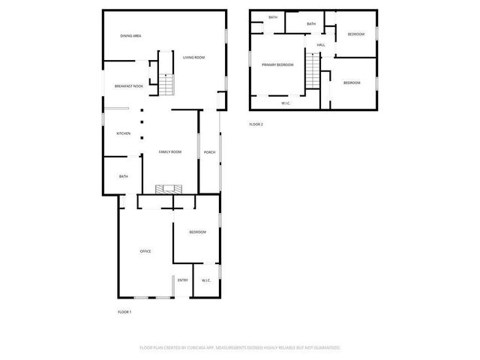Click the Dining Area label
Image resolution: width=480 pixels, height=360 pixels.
[x=131, y=36]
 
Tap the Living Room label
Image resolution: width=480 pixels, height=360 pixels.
[x=193, y=58]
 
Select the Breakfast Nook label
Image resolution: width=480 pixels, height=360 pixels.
[x=129, y=86]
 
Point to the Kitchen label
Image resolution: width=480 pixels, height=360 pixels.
[x=123, y=133]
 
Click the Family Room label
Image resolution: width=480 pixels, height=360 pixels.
[x=170, y=152]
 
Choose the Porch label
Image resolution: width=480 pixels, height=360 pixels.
[x=209, y=152]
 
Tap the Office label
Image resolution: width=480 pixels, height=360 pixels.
[x=145, y=251]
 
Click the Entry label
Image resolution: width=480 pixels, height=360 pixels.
[x=183, y=280]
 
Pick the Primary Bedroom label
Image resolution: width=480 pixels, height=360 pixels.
[x=277, y=65]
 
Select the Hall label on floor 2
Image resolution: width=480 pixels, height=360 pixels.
[x=320, y=45]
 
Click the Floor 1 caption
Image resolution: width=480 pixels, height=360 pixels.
[x=124, y=312]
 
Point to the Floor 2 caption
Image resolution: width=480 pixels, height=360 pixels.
[x=256, y=124]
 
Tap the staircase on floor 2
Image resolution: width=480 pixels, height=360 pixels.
[x=312, y=73]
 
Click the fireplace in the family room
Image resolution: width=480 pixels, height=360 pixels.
[x=169, y=190]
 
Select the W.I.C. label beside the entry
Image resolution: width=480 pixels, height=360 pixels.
[x=205, y=280]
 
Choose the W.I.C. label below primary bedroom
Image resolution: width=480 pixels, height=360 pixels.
[x=286, y=103]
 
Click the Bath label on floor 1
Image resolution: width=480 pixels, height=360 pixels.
[x=123, y=176]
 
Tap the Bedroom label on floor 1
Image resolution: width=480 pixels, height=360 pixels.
[x=197, y=232]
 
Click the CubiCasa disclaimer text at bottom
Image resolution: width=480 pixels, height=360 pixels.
[x=240, y=348]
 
